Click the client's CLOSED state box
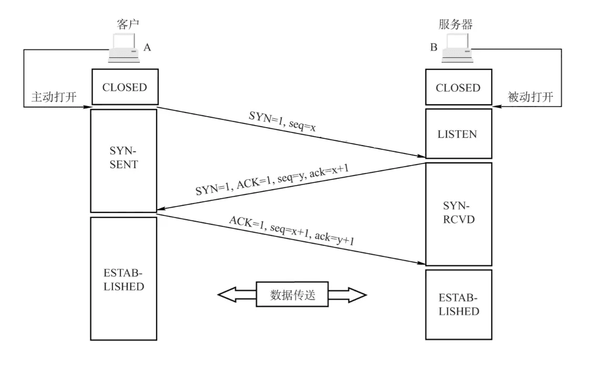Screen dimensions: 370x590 tap(124, 87)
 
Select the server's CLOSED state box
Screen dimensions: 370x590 tap(457, 87)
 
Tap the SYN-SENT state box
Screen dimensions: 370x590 tap(124, 160)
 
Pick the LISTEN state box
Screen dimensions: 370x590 tap(457, 133)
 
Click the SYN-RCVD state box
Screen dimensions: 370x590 tap(457, 213)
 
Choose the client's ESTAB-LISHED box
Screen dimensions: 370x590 tap(124, 279)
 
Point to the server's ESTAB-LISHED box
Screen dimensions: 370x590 tap(457, 304)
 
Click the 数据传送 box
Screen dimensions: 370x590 tap(292, 294)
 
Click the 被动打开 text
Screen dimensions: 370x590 tap(530, 98)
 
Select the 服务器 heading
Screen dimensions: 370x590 tap(455, 24)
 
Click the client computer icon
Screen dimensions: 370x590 tap(124, 49)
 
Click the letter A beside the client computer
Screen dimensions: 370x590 tap(147, 47)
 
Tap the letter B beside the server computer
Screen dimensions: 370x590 tap(434, 47)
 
